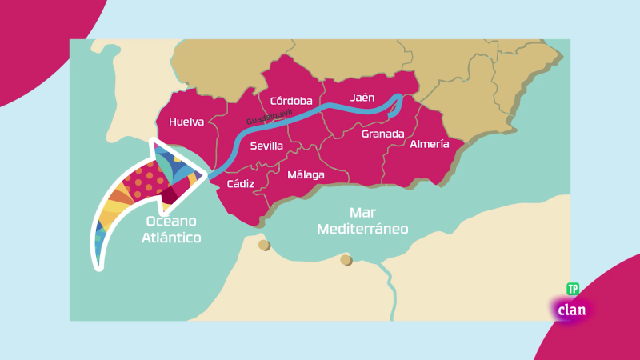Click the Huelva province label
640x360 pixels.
tap(186, 122)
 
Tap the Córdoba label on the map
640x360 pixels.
tap(291, 101)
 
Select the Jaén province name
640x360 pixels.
tap(362, 98)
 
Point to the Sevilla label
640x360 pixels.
tap(266, 146)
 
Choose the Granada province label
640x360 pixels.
tap(382, 134)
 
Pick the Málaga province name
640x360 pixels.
tap(306, 174)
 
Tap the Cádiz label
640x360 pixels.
tap(240, 184)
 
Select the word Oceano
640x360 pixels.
tap(171, 222)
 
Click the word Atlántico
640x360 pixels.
tap(171, 238)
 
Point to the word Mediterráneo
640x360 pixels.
tap(362, 229)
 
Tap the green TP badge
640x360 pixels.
tap(573, 288)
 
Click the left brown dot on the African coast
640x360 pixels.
tap(264, 245)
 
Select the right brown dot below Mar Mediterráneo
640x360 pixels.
tap(346, 260)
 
